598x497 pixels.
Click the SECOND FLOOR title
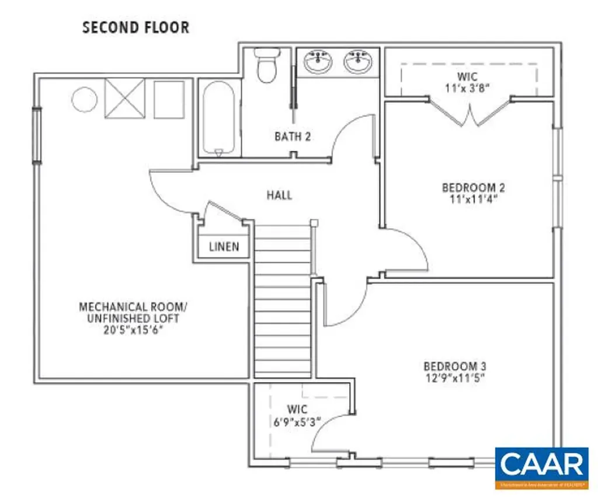[x=135, y=27]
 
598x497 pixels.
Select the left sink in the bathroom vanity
[x=318, y=62]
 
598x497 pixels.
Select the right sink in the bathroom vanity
[x=357, y=62]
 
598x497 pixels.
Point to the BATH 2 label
[x=293, y=137]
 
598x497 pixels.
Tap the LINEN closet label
[x=224, y=247]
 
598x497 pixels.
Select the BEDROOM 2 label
[x=473, y=188]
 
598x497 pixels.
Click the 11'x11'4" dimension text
[x=473, y=199]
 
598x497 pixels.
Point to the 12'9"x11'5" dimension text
[x=455, y=377]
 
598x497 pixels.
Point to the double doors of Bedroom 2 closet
[x=470, y=114]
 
